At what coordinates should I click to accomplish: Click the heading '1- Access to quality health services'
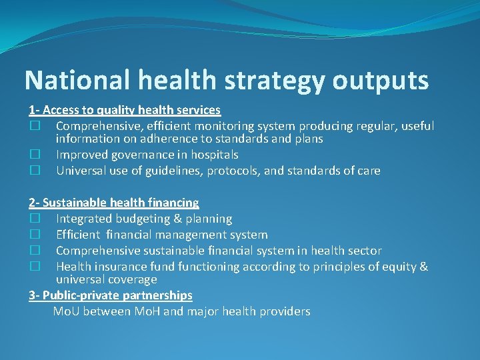[x=125, y=110]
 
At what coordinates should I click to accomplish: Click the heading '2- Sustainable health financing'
[x=114, y=203]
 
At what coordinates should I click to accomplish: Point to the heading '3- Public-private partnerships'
[x=111, y=295]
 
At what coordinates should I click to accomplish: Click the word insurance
[x=121, y=267]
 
